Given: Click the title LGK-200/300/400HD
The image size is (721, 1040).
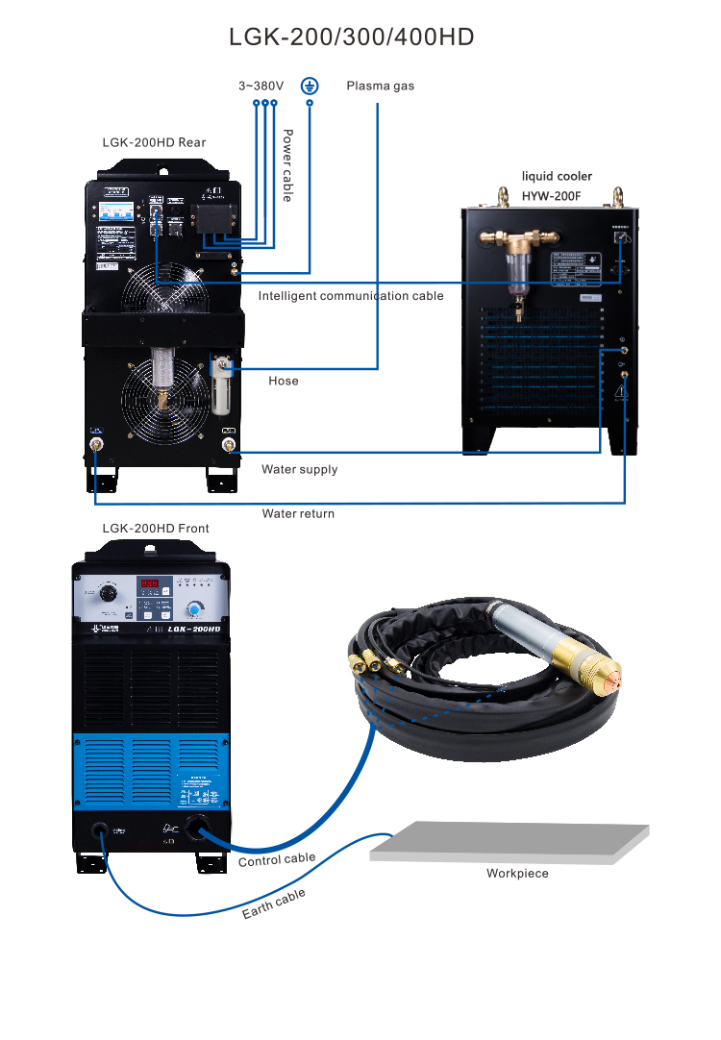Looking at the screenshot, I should coord(352,37).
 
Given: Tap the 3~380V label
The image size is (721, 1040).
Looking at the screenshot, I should coord(261,86).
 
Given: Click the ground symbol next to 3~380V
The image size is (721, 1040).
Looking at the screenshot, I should coord(310,85).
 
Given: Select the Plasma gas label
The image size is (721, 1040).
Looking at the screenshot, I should coord(380,86).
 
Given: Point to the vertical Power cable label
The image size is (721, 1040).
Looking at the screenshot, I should coord(286,165).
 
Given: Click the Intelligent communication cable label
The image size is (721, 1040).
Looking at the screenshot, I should coord(351,296).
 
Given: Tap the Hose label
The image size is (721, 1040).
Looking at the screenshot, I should coord(283,381).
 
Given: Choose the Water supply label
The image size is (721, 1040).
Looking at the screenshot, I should coord(299,470).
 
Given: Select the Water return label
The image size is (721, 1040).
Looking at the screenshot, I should coord(298,513).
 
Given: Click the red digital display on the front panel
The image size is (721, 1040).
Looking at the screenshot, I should coord(151,583).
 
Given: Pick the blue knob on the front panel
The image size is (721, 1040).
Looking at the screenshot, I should coord(196,609).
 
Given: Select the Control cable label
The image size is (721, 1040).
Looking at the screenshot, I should coord(277,859).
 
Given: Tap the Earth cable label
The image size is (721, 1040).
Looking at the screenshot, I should coord(274,904).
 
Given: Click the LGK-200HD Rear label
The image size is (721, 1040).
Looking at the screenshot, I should coord(154,142).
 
